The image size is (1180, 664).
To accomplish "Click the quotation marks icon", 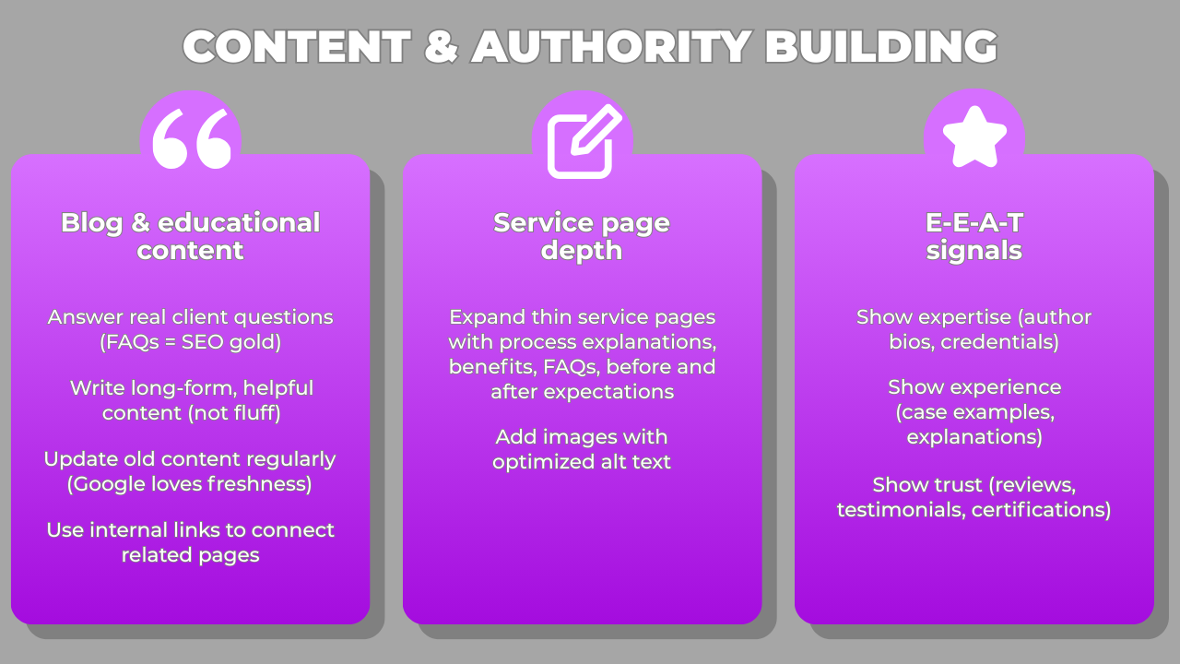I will [191, 139].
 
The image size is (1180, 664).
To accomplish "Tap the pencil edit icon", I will [583, 141].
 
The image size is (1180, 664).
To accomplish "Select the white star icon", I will [973, 136].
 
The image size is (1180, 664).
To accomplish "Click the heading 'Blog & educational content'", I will [191, 236].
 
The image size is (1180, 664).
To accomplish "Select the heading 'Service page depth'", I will [582, 236].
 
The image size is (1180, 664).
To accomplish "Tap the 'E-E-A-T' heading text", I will [974, 223].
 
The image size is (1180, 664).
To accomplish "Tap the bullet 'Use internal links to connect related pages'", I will [191, 542].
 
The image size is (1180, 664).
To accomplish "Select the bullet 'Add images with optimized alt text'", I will [582, 449].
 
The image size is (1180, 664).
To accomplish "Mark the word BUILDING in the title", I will [881, 46].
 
